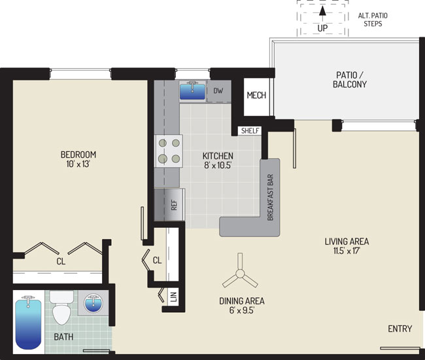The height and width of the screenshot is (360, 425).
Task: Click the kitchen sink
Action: click(x=192, y=90)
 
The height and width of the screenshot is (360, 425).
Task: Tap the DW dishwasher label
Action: click(x=218, y=90)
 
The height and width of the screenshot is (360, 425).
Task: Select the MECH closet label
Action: click(x=256, y=95)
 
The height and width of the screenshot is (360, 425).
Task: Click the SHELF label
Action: click(x=250, y=130)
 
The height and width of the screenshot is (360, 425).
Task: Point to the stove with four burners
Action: click(x=169, y=151)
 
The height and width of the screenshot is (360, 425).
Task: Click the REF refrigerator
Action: click(x=170, y=205)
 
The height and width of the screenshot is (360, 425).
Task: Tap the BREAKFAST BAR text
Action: click(x=270, y=197)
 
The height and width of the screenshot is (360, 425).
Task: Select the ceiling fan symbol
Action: click(x=240, y=273)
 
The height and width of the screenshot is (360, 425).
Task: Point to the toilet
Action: click(x=61, y=308)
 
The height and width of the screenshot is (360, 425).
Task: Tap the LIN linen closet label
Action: click(x=174, y=297)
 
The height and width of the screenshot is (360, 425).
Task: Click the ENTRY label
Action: click(x=399, y=329)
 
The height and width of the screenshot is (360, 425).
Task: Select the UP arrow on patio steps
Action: click(x=322, y=15)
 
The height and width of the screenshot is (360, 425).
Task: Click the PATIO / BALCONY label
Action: click(x=350, y=80)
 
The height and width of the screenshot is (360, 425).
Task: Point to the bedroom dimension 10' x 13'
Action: click(x=78, y=164)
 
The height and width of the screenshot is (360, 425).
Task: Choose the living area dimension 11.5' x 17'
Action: click(x=347, y=251)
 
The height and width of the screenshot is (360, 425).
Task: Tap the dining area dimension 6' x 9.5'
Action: click(x=242, y=310)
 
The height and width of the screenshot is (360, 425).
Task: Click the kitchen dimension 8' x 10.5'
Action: click(x=218, y=165)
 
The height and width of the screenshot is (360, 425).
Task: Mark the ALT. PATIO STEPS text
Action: click(x=373, y=20)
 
